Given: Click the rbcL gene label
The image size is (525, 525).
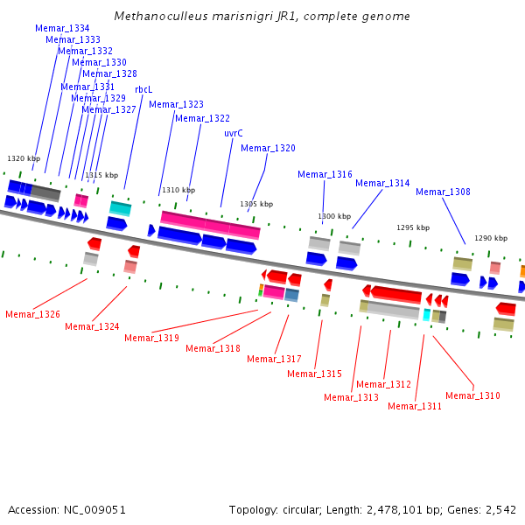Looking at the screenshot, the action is point(143,90).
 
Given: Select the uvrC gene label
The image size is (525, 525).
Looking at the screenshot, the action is point(234,133).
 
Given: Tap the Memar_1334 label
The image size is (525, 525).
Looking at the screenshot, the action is point(62,28).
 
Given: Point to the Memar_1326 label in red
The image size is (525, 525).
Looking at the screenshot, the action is point(33,314).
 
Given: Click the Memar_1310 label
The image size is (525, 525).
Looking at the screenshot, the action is point(472,395).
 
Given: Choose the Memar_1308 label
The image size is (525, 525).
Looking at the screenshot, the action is point(443,192).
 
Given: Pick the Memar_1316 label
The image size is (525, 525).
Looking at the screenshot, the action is point(325,174).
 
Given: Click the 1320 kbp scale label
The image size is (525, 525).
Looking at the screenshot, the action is point(24,158).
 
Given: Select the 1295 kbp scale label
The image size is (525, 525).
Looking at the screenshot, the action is point(413,227).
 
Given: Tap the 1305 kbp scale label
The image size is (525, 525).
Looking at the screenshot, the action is point(256,204).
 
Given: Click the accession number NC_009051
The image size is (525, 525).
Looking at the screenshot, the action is point(94,510).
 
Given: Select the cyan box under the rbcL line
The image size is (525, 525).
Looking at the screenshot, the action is point(120,208).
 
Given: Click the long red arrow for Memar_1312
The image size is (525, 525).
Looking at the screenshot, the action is point(395,294).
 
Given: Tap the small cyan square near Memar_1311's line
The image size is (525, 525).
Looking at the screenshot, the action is point(427,315).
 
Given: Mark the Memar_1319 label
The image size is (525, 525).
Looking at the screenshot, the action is point(151,338).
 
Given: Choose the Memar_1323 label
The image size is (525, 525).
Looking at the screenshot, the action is point(176,104).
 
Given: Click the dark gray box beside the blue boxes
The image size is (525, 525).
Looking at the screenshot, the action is point(45,192).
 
